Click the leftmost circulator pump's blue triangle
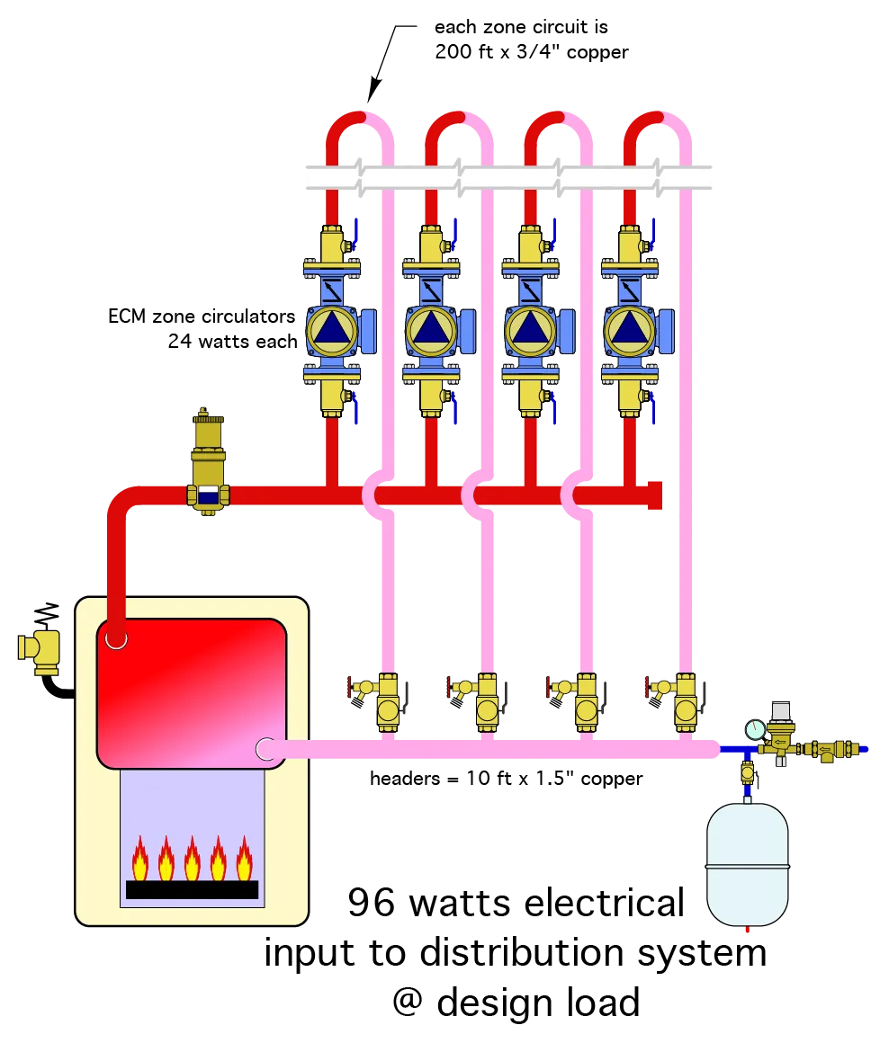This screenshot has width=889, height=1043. click(x=331, y=330)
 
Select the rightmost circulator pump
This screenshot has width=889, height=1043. click(x=630, y=330)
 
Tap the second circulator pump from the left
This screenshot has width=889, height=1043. click(x=431, y=330)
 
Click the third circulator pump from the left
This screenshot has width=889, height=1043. click(x=531, y=330)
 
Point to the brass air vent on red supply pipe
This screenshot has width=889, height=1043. click(x=209, y=459)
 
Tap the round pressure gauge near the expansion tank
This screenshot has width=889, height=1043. click(x=754, y=729)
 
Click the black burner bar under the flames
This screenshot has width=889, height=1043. click(x=192, y=889)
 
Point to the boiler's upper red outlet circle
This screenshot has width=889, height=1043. click(x=116, y=639)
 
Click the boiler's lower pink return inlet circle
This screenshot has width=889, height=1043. click(x=265, y=748)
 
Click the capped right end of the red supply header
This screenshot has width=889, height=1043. click(x=655, y=495)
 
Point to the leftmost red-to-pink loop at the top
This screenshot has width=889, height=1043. click(x=359, y=121)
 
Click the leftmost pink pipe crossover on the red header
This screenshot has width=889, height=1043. click(x=375, y=495)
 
